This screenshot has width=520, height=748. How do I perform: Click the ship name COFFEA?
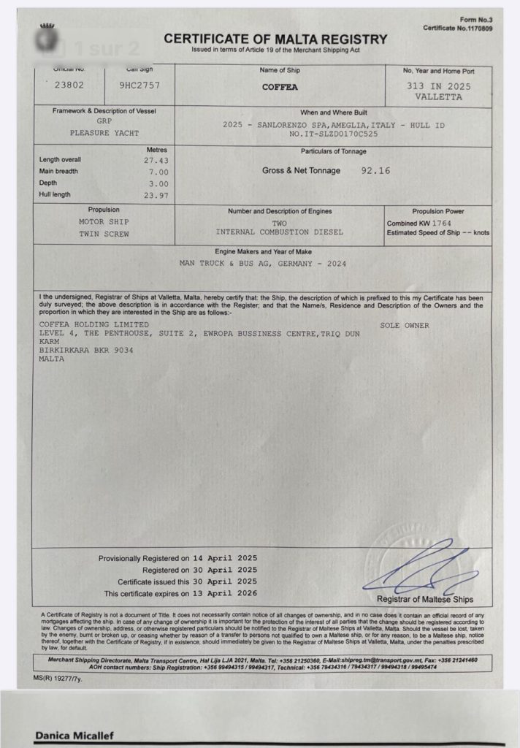279,87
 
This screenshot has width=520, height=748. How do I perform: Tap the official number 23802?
69,85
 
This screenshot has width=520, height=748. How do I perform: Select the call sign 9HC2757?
139,85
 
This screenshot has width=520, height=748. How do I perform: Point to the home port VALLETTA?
438,96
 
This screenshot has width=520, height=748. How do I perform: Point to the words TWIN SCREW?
104,233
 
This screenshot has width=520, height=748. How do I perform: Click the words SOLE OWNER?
405,325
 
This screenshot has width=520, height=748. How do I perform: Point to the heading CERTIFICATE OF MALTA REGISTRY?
275,39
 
